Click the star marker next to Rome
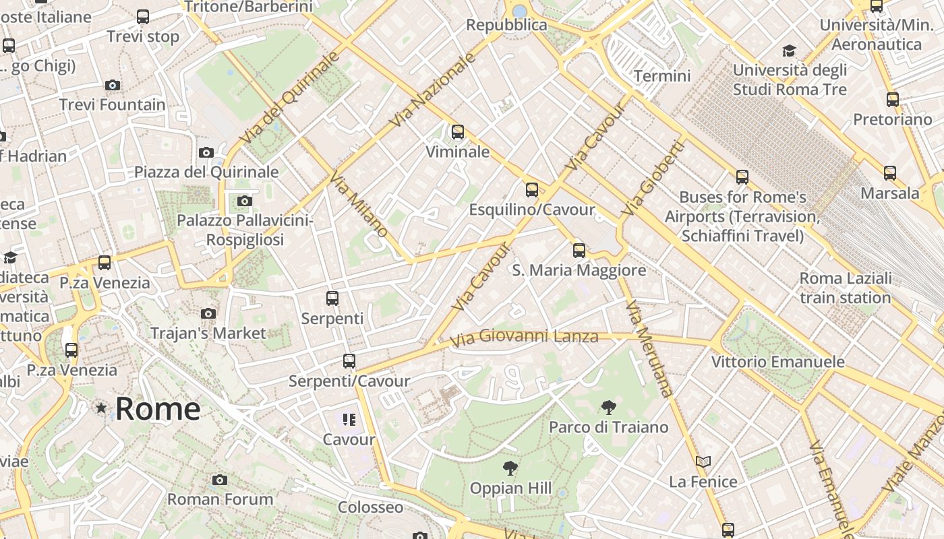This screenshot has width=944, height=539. [x=101, y=408]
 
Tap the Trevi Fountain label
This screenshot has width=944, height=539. [x=112, y=105]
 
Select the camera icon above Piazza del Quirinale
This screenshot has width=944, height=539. [x=206, y=153]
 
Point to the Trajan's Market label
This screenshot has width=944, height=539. [x=208, y=333]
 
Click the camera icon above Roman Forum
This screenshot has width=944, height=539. [x=219, y=480]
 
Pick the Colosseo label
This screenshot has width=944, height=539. [x=370, y=507]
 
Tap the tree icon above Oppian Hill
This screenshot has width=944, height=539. [x=510, y=468]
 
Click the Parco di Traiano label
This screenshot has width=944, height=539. [x=608, y=427]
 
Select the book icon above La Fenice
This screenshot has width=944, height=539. [x=703, y=462]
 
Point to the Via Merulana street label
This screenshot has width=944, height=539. [x=649, y=348]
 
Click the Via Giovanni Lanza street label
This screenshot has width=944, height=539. [x=524, y=337]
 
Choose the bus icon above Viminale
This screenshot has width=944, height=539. [x=458, y=132]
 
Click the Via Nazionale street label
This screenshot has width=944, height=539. [x=434, y=90]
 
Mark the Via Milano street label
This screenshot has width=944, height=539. [x=358, y=203]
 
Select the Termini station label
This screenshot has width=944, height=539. [x=662, y=75]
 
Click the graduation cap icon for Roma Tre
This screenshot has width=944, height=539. [x=789, y=51]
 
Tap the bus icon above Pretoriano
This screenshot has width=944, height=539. [x=893, y=100]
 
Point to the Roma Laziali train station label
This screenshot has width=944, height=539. [x=845, y=288]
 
